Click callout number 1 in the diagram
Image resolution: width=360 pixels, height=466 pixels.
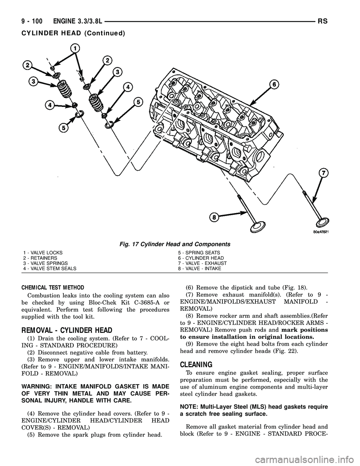pyautogui.click(x=75, y=48)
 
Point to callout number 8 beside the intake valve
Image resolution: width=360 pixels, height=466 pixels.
pyautogui.click(x=214, y=216)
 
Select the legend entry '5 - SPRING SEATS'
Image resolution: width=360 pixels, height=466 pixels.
pyautogui.click(x=199, y=253)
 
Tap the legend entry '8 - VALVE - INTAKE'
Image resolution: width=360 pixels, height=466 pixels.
pyautogui.click(x=199, y=269)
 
